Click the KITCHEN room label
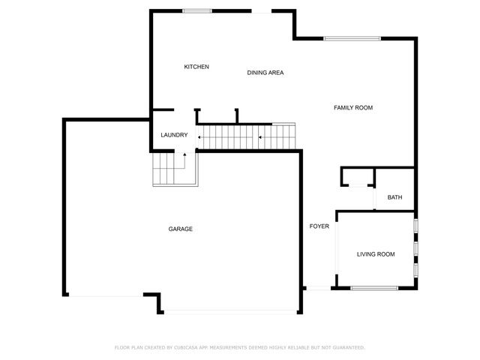pyautogui.click(x=196, y=67)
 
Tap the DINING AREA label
pyautogui.click(x=265, y=73)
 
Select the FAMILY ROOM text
pyautogui.click(x=353, y=108)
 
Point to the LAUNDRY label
pyautogui.click(x=174, y=135)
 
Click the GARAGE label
pyautogui.click(x=181, y=229)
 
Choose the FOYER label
pyautogui.click(x=319, y=226)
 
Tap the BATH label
pyautogui.click(x=394, y=197)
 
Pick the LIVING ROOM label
pyautogui.click(x=376, y=254)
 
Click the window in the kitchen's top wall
pyautogui.click(x=196, y=10)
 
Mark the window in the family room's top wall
pyautogui.click(x=352, y=38)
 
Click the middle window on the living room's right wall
pyautogui.click(x=415, y=247)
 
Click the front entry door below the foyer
pyautogui.click(x=319, y=288)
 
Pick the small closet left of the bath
pyautogui.click(x=357, y=177)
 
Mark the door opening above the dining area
pyautogui.click(x=261, y=11)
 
